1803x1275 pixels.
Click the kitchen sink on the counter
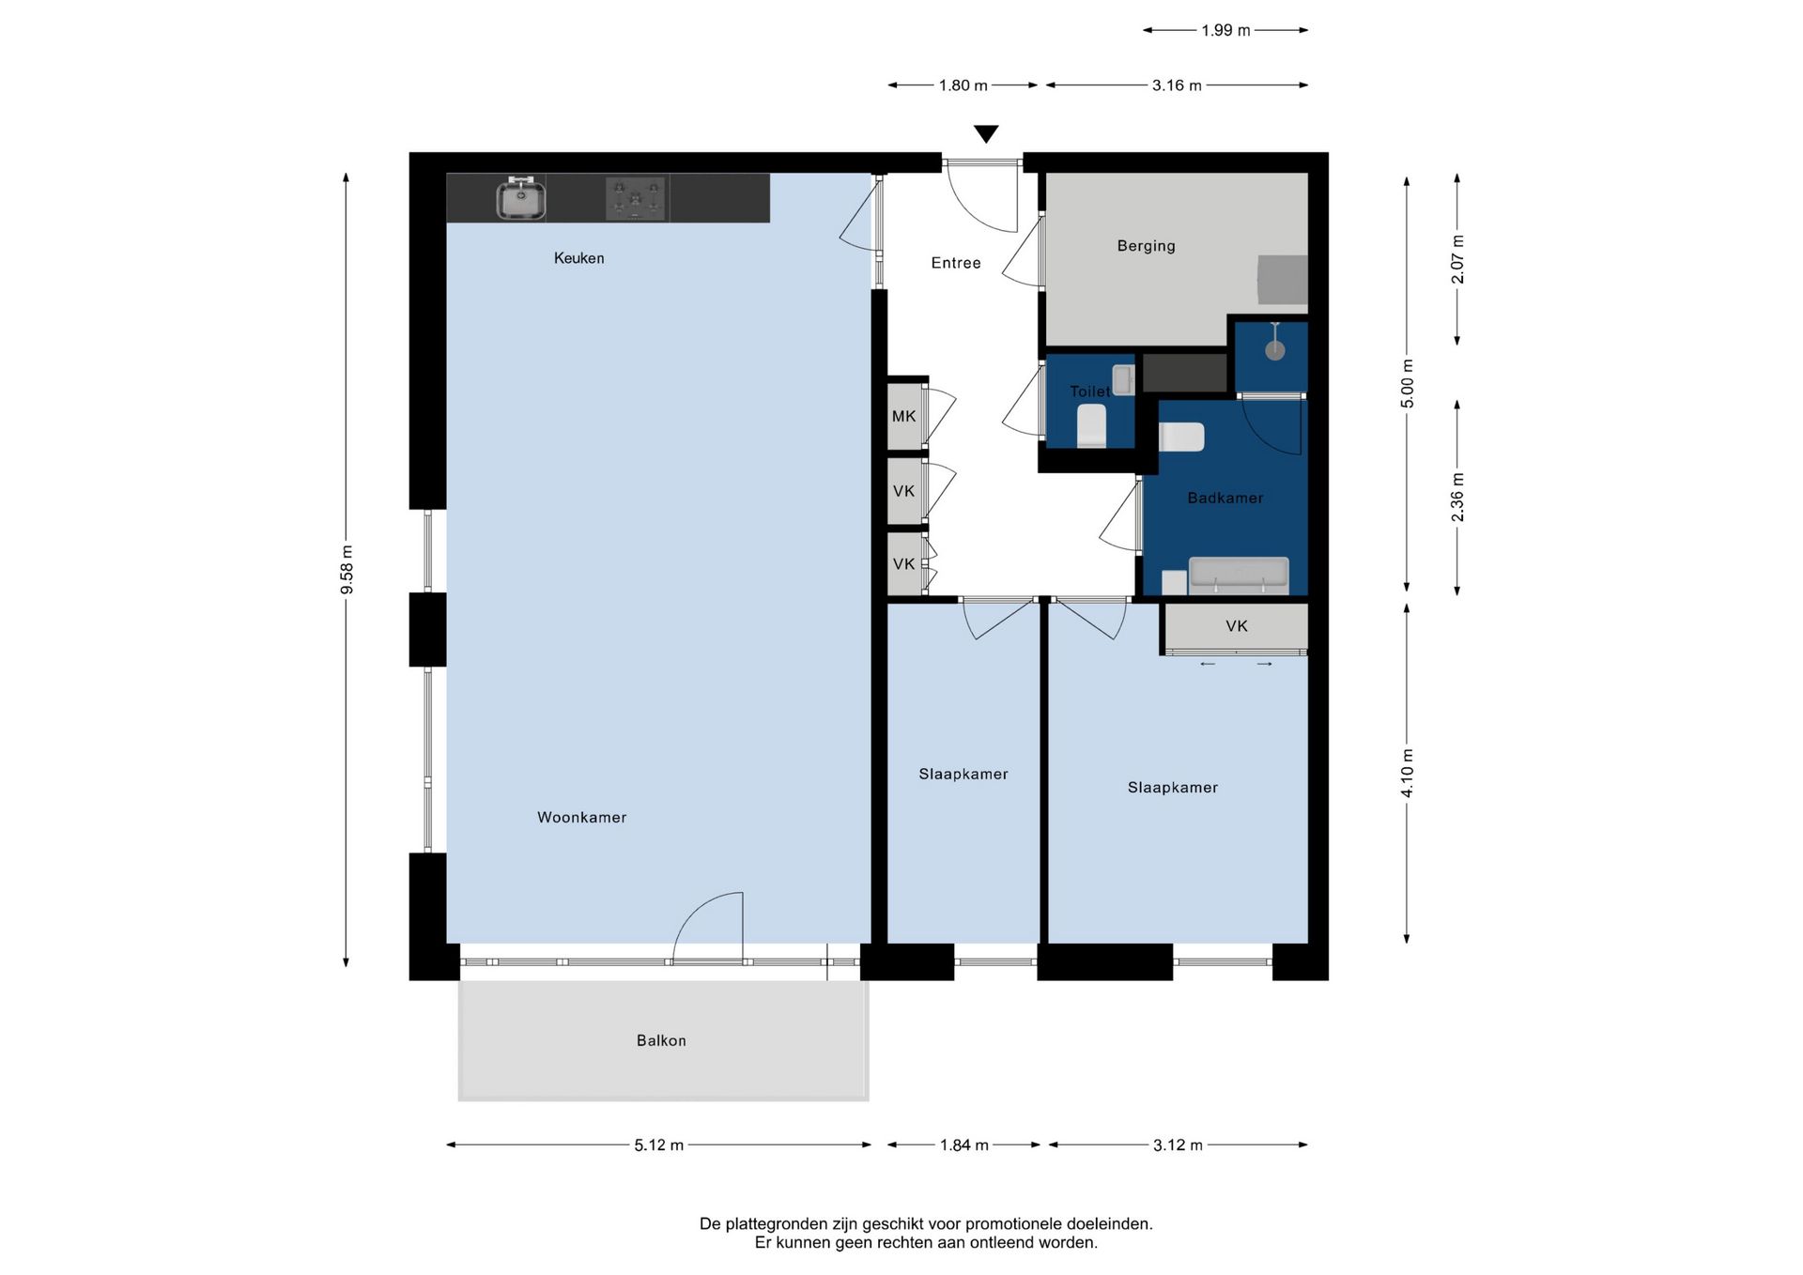pyautogui.click(x=521, y=198)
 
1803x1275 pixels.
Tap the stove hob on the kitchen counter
pyautogui.click(x=636, y=198)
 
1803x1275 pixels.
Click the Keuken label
pyautogui.click(x=578, y=258)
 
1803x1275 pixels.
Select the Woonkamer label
pyautogui.click(x=581, y=818)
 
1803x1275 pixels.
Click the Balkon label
pyautogui.click(x=661, y=1040)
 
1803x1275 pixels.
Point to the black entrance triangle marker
pyautogui.click(x=986, y=134)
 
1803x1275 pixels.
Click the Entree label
pyautogui.click(x=956, y=263)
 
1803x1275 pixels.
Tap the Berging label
pyautogui.click(x=1146, y=246)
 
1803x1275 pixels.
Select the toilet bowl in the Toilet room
pyautogui.click(x=1091, y=425)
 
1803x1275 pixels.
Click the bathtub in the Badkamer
pyautogui.click(x=1239, y=576)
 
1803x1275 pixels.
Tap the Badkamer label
pyautogui.click(x=1225, y=499)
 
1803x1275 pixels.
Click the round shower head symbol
pyautogui.click(x=1274, y=350)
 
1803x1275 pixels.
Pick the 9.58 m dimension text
pyautogui.click(x=347, y=570)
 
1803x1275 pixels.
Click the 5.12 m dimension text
pyautogui.click(x=658, y=1145)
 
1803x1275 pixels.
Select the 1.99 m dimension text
pyautogui.click(x=1225, y=30)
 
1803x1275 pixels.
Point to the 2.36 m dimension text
pyautogui.click(x=1457, y=498)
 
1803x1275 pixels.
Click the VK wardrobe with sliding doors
pyautogui.click(x=1236, y=627)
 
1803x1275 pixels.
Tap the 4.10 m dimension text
pyautogui.click(x=1407, y=774)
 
